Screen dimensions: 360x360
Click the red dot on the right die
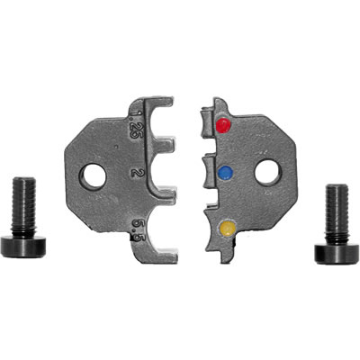coord(223,125)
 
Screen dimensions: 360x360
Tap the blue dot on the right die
coord(226,173)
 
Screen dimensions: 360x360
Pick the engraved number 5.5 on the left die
coord(137,230)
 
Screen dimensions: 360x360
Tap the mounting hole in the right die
coord(268,173)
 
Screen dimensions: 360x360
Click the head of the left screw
coord(22,247)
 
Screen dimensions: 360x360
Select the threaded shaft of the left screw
coord(23,207)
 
